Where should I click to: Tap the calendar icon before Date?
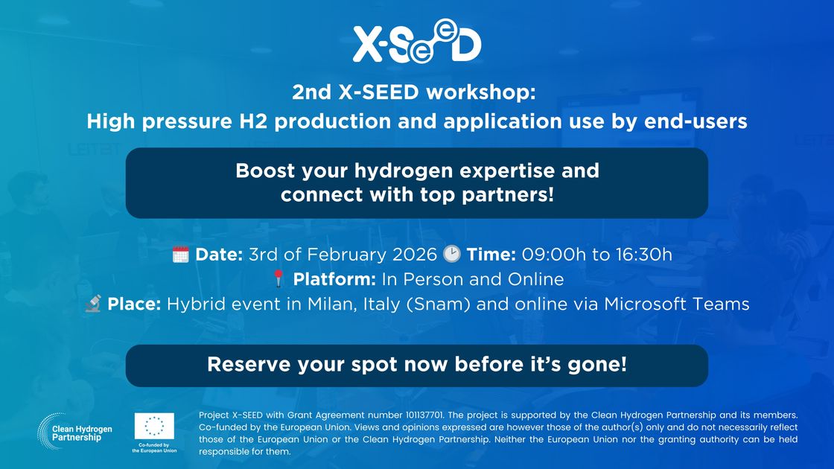(180, 255)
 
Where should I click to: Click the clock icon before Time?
(451, 255)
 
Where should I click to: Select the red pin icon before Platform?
(278, 280)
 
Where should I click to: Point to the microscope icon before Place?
(93, 304)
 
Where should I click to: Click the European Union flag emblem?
(154, 427)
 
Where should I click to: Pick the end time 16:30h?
(643, 255)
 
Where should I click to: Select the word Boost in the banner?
(262, 170)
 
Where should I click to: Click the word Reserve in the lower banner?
(242, 365)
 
